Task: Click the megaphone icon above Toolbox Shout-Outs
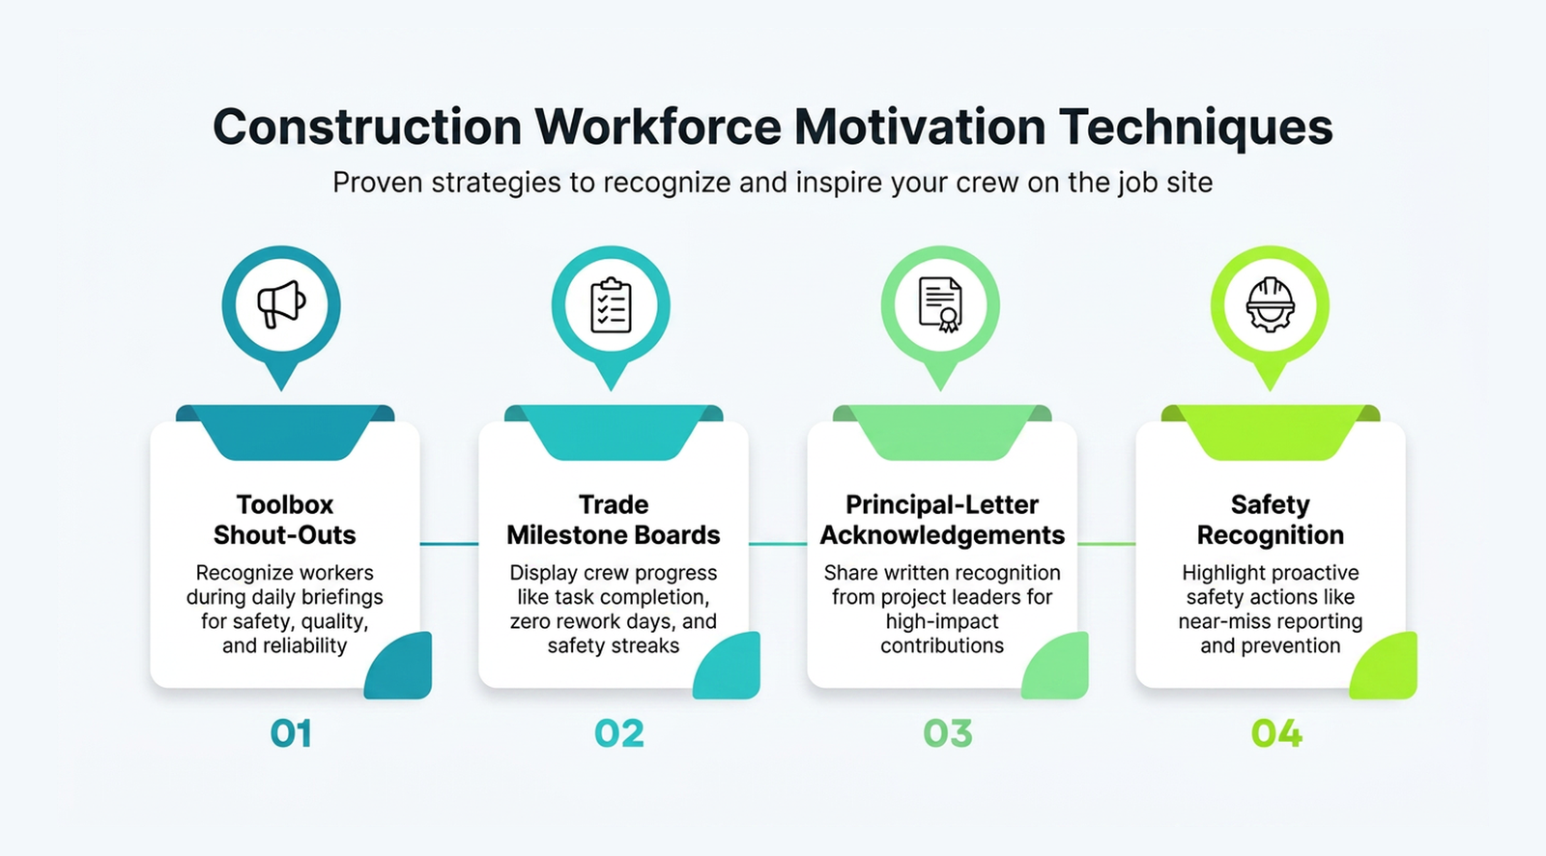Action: (281, 304)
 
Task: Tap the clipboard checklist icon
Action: (611, 305)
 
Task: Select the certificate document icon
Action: (940, 305)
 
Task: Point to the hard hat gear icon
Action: (1270, 305)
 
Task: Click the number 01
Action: (291, 734)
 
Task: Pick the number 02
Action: (619, 734)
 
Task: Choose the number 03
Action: (948, 734)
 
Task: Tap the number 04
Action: (1276, 734)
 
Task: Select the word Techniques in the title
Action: (1195, 127)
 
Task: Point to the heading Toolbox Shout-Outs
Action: (285, 520)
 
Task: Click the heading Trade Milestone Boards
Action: (614, 520)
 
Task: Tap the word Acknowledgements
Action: (942, 535)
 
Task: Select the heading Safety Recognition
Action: (1271, 520)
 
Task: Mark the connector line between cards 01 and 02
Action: (449, 544)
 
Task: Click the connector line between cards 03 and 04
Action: (1106, 544)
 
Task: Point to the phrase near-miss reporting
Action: (1271, 621)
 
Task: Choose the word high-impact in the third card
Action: (942, 621)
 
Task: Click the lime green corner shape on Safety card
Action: (1389, 669)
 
